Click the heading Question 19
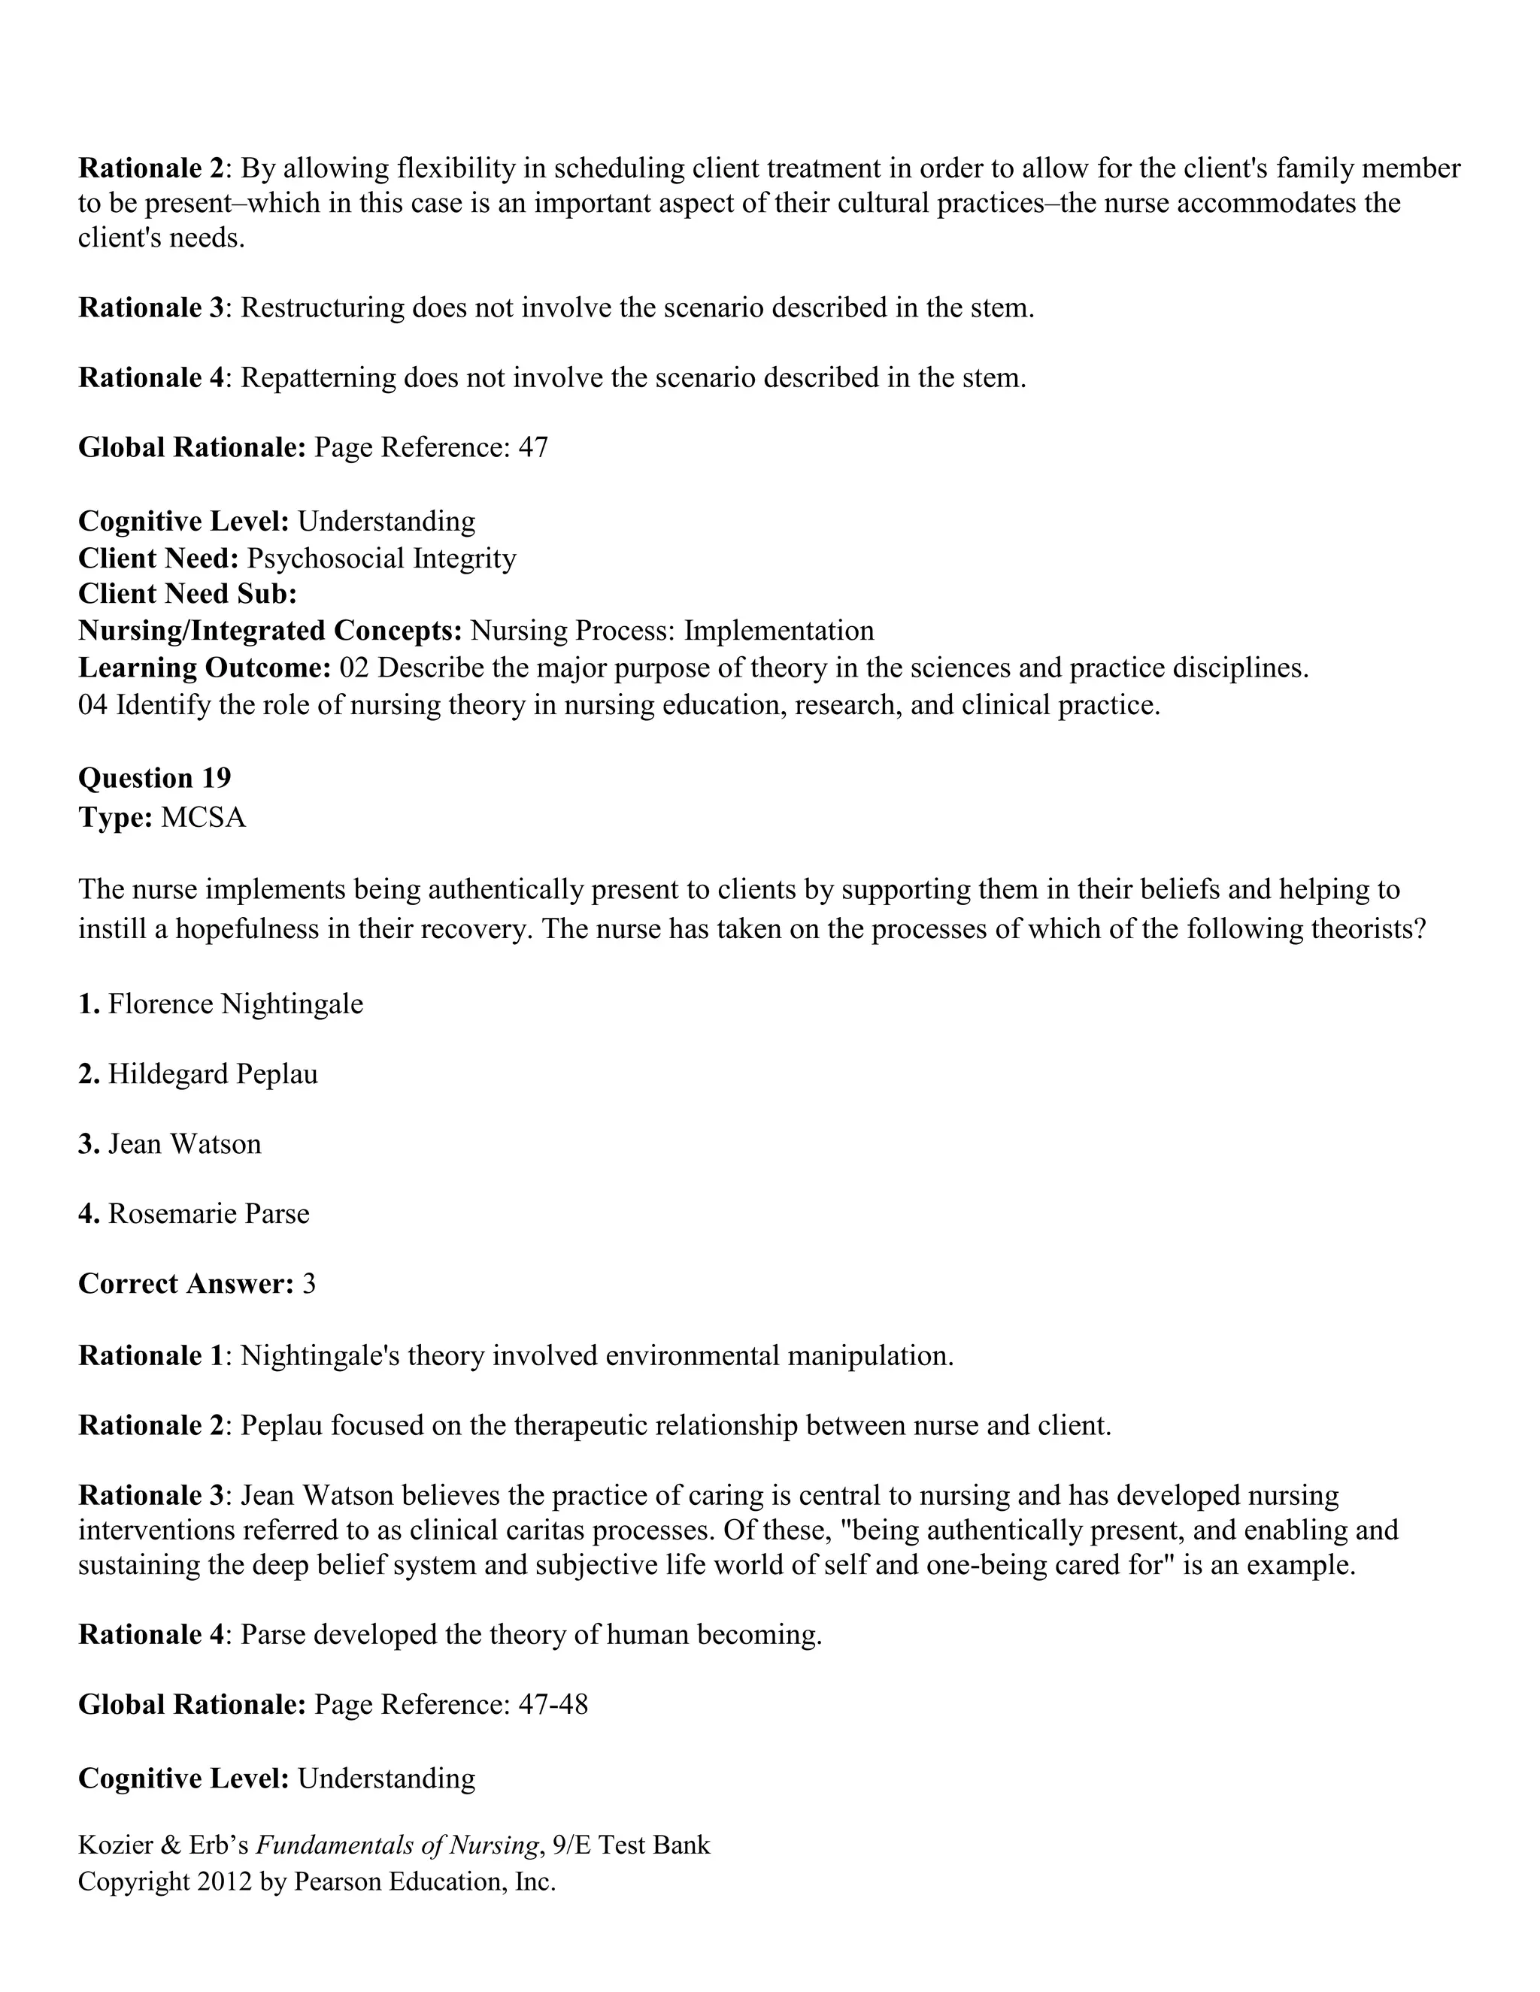tap(154, 778)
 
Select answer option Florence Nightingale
tap(235, 1004)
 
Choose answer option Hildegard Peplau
tap(213, 1073)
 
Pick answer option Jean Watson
tap(184, 1144)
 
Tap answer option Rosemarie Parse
tap(208, 1213)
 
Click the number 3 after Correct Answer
tap(308, 1283)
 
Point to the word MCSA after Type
tap(202, 817)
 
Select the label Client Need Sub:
tap(187, 594)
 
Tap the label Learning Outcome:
tap(205, 668)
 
